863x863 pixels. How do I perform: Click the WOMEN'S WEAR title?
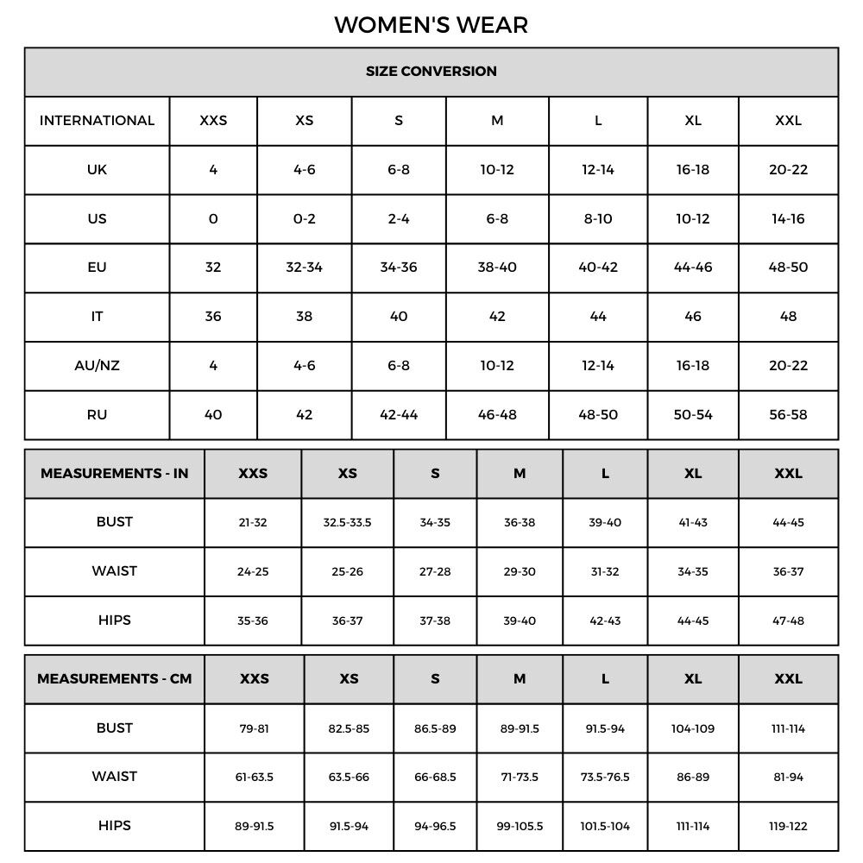tap(431, 25)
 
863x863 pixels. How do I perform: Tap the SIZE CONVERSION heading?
tap(431, 72)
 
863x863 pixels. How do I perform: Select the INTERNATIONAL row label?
tap(97, 121)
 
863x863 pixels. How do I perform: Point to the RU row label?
tap(97, 415)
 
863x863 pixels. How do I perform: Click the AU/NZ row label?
tap(97, 366)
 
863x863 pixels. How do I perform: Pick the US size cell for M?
tap(497, 219)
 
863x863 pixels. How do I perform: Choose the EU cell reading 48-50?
tap(788, 268)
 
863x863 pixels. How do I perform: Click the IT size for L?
tap(598, 317)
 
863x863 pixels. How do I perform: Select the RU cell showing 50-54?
tap(693, 415)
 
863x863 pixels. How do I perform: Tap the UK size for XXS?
tap(213, 170)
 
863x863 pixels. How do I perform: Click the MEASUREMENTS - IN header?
tap(114, 474)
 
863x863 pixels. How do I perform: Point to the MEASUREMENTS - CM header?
tap(114, 679)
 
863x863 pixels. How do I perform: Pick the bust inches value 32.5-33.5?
tap(347, 523)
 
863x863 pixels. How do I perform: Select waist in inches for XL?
tap(693, 572)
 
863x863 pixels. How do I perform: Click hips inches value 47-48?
tap(788, 621)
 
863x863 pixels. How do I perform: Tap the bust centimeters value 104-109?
tap(693, 729)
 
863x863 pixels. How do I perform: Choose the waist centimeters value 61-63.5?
tap(254, 778)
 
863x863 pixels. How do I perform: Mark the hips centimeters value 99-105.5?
tap(520, 827)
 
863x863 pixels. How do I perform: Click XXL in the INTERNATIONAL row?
tap(788, 121)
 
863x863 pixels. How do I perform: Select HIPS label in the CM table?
tap(114, 826)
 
